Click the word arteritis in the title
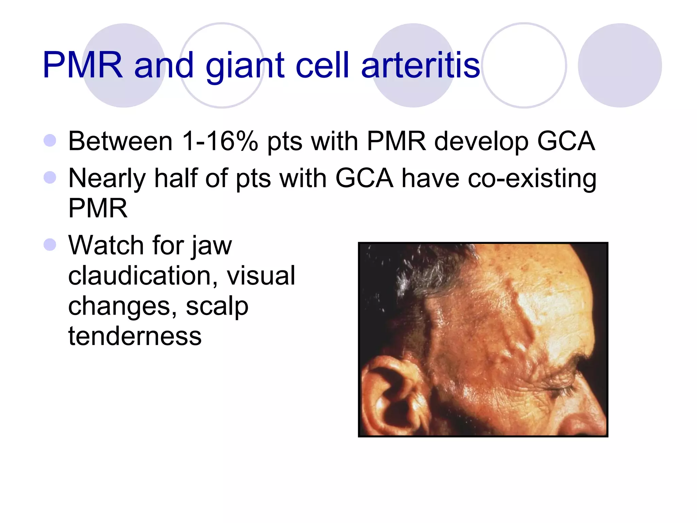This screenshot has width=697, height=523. pos(420,65)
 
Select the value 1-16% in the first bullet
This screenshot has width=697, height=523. pos(220,141)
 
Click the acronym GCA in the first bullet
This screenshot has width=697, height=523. pos(566,141)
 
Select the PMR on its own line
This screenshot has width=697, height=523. pos(98,208)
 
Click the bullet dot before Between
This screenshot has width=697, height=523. pos(50,141)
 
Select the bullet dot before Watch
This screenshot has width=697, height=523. pos(50,244)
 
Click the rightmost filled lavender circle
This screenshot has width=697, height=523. pos(619,65)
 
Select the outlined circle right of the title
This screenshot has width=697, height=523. pos(524,65)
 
